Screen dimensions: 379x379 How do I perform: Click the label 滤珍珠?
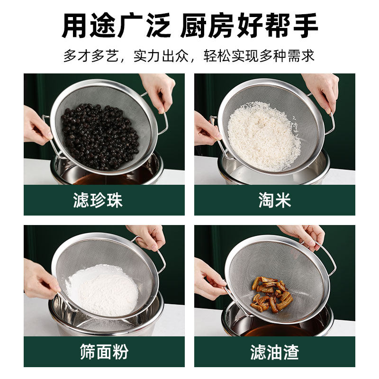tap(98, 200)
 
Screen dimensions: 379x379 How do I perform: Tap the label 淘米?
tap(275, 200)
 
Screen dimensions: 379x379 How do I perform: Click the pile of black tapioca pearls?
tap(100, 135)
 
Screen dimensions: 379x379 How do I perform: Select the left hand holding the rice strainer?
tap(207, 128)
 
